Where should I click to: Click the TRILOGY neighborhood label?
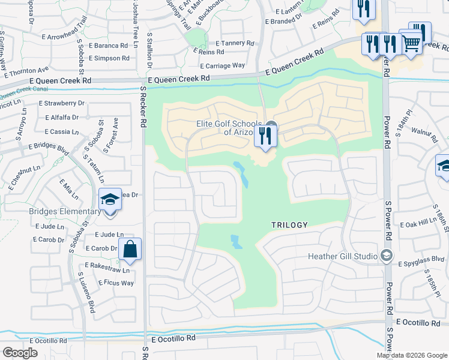(289, 225)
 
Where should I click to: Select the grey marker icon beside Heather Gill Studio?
(387, 256)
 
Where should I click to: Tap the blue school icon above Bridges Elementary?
(110, 199)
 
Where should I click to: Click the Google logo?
(20, 353)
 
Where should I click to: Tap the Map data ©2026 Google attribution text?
(412, 355)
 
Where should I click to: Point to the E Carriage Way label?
(222, 65)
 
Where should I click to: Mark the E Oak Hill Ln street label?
(418, 224)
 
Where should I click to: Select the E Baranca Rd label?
(107, 45)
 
